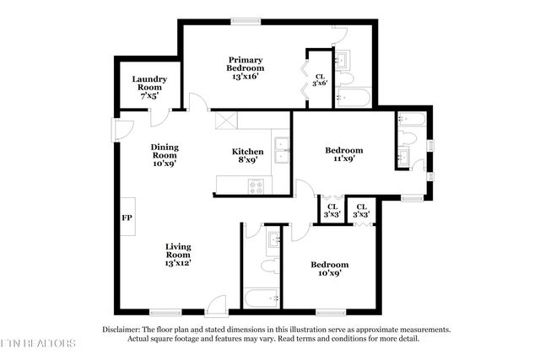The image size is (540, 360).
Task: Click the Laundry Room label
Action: point(149,88)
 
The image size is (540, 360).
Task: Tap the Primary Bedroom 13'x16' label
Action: point(245,68)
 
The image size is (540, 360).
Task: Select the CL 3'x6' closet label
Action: point(319,78)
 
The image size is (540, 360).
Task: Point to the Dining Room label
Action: point(164,155)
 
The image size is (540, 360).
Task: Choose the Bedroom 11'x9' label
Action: point(343,153)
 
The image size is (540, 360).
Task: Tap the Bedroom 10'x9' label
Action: point(328,268)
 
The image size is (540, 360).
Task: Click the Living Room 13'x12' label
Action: point(178,255)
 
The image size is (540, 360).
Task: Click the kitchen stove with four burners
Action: point(255,185)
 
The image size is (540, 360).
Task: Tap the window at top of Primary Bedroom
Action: point(246,20)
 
